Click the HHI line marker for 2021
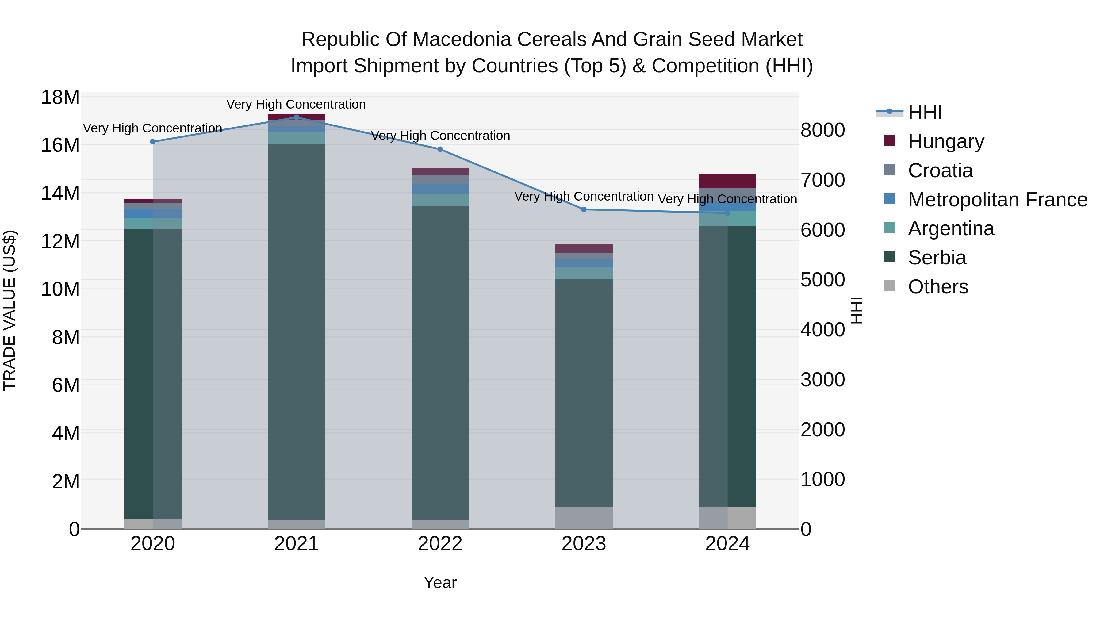[296, 117]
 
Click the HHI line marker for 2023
[584, 209]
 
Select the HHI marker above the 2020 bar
[153, 142]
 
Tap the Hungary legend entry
[946, 141]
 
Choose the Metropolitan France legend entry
[997, 200]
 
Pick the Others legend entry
[938, 287]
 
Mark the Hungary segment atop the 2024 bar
[727, 181]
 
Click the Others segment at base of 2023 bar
[584, 518]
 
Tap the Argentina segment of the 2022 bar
[440, 200]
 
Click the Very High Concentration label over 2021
[296, 104]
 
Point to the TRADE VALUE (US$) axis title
[10, 310]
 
